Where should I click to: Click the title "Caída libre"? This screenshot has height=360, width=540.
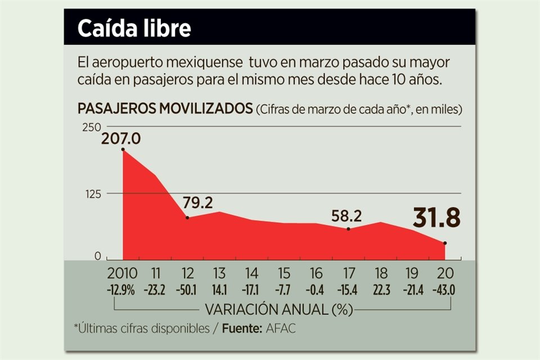tap(134, 28)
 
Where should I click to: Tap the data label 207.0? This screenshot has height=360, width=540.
tap(120, 138)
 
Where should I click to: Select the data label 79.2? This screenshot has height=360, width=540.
tap(197, 203)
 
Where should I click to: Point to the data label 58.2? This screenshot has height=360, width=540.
tap(346, 215)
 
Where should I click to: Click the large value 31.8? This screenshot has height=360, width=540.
tap(436, 218)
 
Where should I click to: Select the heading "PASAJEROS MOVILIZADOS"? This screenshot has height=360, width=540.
tap(165, 109)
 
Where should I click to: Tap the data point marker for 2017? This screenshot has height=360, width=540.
tap(349, 229)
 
